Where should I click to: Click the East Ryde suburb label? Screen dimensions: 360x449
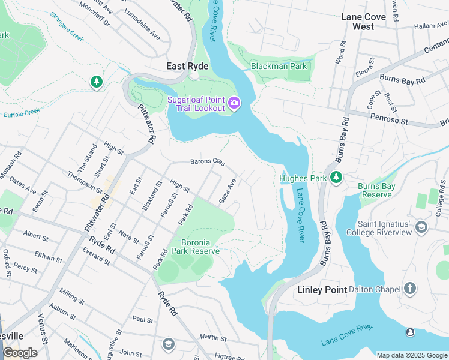tap(188, 66)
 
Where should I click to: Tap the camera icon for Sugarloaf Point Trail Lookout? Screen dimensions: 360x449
tap(234, 104)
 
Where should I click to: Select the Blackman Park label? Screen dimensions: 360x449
tap(279, 66)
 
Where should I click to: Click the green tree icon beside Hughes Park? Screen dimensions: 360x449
tap(337, 177)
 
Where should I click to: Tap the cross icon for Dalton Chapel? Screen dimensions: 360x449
tap(410, 289)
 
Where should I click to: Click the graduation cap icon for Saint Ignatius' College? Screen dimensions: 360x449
tap(421, 226)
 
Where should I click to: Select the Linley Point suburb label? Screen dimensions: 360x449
tap(322, 290)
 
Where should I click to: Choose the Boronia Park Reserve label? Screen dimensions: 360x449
tap(196, 246)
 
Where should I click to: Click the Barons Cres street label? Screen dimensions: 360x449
tap(207, 162)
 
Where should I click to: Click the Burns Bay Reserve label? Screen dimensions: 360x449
tap(376, 190)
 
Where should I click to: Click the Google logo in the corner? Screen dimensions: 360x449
tap(20, 353)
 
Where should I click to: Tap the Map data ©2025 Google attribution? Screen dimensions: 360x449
tap(412, 355)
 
